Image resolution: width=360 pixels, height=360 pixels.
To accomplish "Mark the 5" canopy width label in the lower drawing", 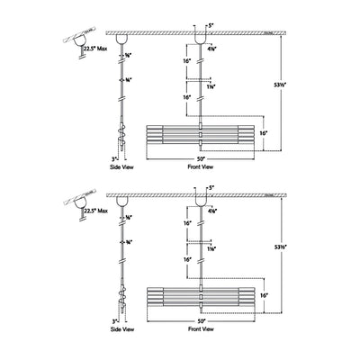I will [x=210, y=187].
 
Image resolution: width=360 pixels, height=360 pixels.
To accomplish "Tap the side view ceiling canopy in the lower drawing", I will [x=122, y=201].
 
